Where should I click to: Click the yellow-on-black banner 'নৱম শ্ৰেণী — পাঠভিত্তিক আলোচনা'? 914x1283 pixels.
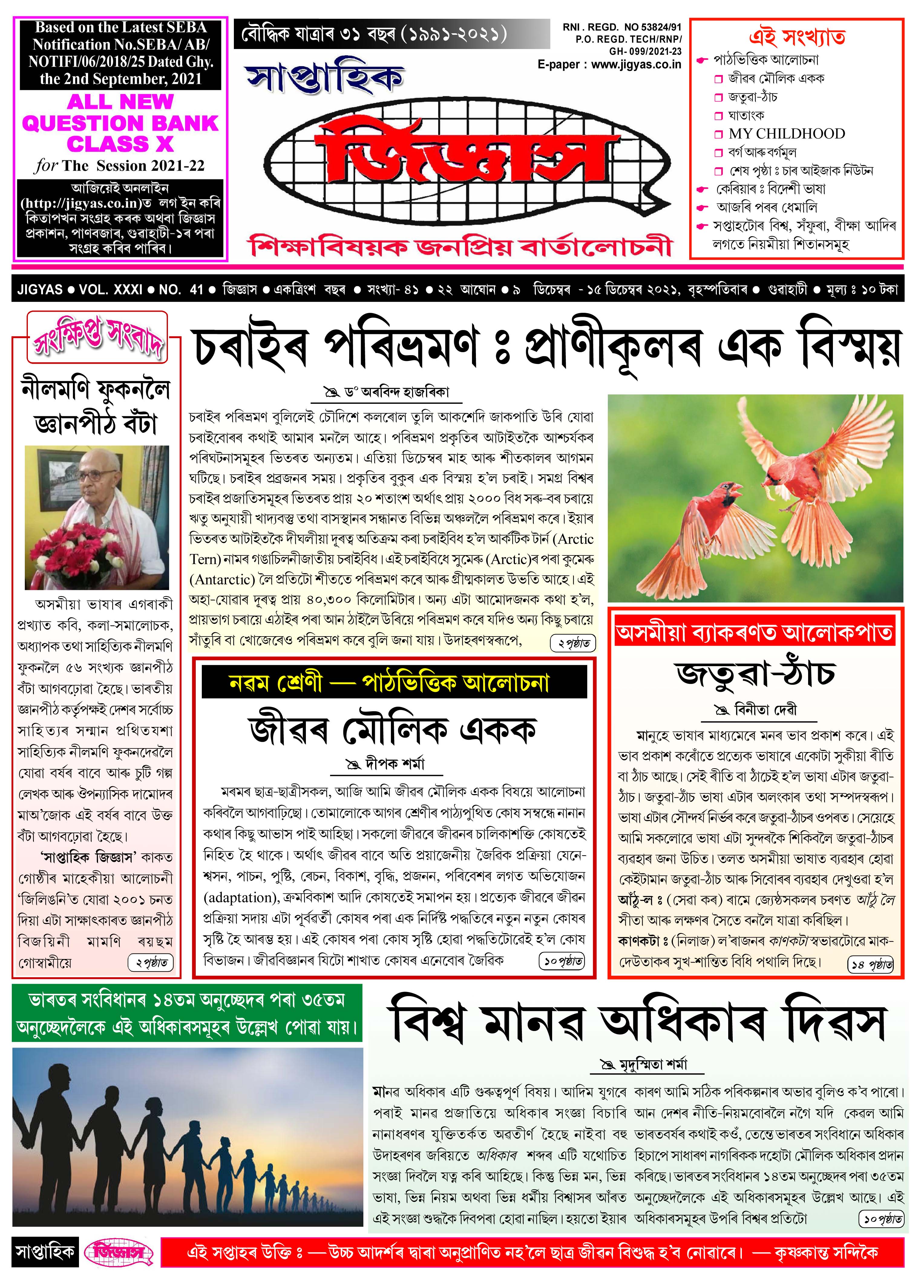pyautogui.click(x=394, y=682)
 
